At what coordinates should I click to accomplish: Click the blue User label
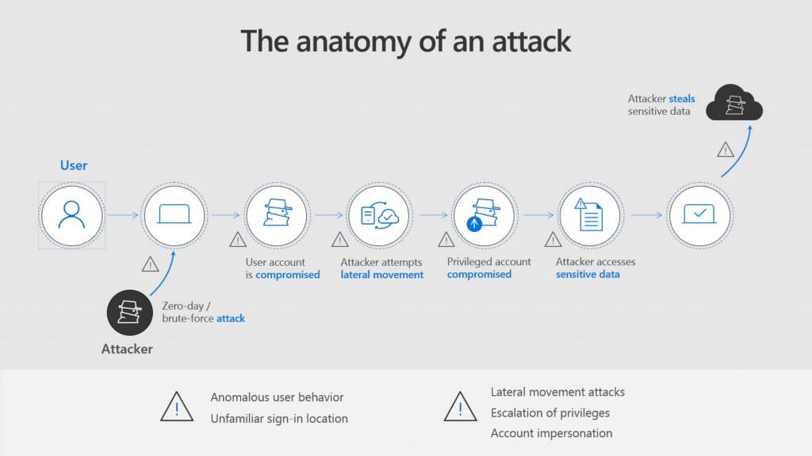click(74, 165)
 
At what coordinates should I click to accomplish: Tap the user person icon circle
click(72, 215)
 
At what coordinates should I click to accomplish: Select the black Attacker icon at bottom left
click(128, 312)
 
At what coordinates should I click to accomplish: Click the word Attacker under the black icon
click(127, 348)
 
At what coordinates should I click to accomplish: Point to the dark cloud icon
click(733, 103)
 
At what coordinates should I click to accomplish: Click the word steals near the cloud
click(682, 99)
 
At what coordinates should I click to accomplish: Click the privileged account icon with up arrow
click(483, 215)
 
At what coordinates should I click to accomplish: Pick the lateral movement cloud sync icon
click(379, 215)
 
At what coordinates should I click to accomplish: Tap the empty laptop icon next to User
click(174, 215)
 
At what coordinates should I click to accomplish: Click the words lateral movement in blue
click(382, 275)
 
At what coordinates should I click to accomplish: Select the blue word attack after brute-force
click(232, 318)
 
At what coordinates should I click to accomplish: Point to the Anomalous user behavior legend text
click(277, 397)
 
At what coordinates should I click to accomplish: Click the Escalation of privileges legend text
click(550, 412)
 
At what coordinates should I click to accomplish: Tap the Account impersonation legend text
click(551, 433)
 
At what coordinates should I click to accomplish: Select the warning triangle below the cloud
click(726, 150)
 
